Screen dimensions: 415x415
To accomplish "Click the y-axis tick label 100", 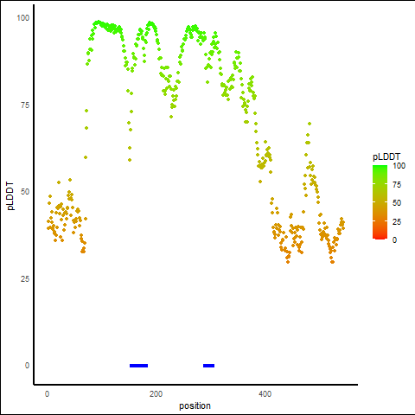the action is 23,18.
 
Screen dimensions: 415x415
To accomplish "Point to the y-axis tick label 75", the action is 25,105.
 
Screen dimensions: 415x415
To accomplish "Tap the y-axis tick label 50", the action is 25,192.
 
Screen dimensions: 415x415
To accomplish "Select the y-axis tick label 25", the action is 25,279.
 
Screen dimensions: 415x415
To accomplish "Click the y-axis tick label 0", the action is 27,366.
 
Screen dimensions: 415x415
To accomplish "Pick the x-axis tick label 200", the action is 156,394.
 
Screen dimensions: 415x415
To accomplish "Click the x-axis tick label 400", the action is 265,394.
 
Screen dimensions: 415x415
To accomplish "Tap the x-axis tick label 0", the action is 47,394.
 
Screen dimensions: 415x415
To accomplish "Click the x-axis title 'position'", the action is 195,406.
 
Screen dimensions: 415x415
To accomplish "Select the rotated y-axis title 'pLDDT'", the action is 10,196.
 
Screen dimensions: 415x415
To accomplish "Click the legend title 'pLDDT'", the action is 386,156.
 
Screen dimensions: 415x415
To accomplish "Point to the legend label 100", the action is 399,166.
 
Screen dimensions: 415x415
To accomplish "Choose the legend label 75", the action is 397,184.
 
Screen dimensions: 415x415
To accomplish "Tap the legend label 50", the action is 397,203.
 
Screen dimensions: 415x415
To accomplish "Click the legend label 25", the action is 397,221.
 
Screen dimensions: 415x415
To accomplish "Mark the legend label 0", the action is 395,240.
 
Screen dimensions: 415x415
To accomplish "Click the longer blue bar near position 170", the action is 139,366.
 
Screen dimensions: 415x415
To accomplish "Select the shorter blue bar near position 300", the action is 209,366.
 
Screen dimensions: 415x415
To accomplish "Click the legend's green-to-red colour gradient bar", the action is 380,202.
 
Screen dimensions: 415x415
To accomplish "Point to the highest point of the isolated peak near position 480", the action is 310,124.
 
